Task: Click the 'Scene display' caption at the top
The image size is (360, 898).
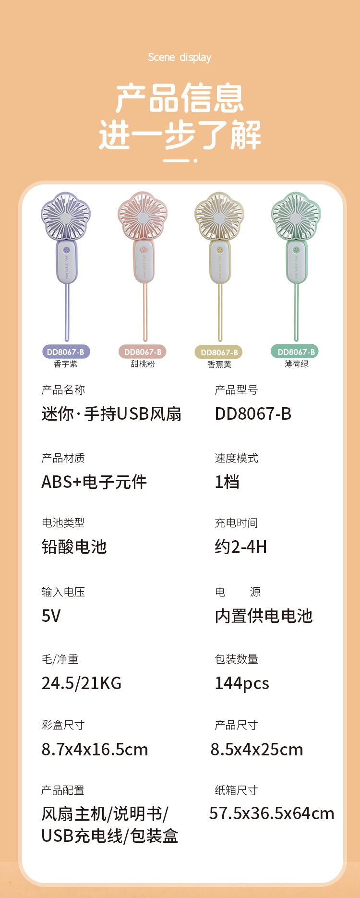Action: [180, 58]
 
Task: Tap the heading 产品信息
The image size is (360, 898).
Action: [180, 98]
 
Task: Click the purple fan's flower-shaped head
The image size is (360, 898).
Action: [66, 216]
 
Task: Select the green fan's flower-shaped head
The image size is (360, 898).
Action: [296, 216]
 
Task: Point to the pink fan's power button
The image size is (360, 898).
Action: [143, 250]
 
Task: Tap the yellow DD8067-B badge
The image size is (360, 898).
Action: [219, 352]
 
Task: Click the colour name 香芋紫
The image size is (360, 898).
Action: [66, 364]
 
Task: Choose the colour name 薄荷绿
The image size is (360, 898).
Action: [296, 364]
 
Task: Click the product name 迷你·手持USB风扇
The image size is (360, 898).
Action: [111, 414]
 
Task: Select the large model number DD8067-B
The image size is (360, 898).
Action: [253, 414]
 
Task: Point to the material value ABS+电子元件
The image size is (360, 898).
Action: [94, 482]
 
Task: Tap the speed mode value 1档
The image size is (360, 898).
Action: [227, 482]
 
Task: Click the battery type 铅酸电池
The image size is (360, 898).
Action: [74, 547]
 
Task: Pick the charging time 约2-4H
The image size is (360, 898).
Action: [240, 547]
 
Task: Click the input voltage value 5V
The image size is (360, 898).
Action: [51, 616]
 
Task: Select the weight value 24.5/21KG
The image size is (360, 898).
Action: [82, 683]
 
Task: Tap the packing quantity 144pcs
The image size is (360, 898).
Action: [242, 683]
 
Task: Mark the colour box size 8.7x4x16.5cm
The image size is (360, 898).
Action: [95, 750]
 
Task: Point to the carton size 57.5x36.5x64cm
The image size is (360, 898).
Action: [272, 813]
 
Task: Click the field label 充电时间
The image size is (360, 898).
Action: [236, 523]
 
